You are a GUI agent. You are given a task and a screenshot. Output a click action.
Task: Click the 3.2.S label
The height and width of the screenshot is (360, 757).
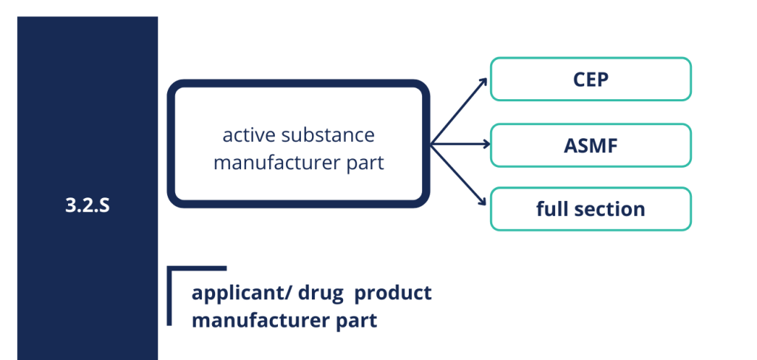click(87, 206)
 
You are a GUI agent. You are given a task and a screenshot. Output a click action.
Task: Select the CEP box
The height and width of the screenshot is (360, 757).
click(591, 79)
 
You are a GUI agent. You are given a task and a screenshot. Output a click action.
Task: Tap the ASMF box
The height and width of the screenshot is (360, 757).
click(591, 145)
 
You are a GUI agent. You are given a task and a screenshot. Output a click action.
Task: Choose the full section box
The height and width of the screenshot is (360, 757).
click(591, 209)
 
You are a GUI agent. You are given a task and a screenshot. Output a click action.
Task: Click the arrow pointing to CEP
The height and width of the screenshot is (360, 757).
click(458, 112)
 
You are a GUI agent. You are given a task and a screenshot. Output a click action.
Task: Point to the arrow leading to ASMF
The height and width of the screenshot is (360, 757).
click(460, 144)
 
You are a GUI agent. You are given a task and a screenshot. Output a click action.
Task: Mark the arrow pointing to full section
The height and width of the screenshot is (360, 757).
click(458, 174)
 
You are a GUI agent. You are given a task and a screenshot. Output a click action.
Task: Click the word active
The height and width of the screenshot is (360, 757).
click(249, 135)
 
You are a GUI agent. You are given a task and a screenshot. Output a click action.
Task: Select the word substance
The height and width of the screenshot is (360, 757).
click(327, 135)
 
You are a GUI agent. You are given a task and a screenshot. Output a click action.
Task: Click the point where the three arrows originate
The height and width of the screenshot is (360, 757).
click(431, 144)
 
